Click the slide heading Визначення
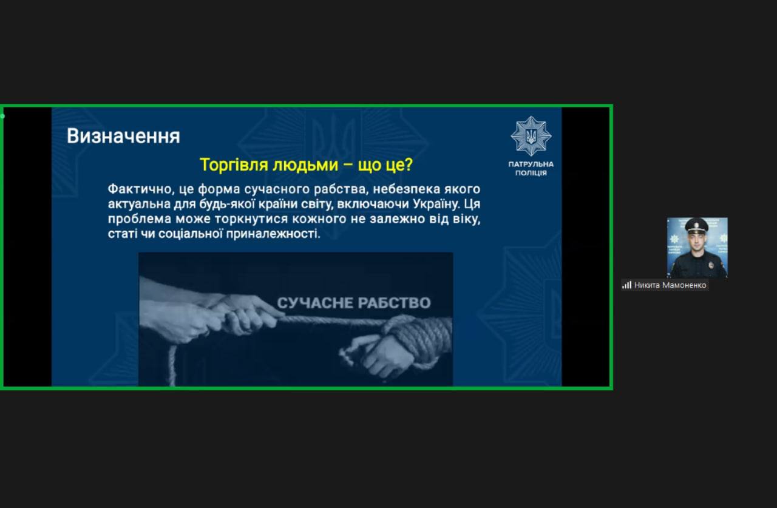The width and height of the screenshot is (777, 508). point(123,136)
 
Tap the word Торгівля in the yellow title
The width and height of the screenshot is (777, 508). point(234,164)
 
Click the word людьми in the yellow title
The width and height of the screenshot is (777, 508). point(305,164)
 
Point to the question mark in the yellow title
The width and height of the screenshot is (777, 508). point(409,164)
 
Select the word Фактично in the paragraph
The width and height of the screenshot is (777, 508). point(141,189)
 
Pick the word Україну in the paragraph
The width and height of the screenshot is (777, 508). point(436,204)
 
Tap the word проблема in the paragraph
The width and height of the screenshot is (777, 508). point(140,219)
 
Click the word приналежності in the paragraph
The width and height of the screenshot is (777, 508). point(273,234)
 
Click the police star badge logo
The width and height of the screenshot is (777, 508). point(531,136)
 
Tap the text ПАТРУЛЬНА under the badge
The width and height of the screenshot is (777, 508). point(531,164)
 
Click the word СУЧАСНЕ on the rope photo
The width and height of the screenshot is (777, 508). point(314,303)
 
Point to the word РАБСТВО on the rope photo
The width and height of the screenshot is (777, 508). point(395,303)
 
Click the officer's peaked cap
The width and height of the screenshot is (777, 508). point(696,225)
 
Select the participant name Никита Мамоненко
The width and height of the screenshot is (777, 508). point(670,285)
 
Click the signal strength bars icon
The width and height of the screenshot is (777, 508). point(626,285)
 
